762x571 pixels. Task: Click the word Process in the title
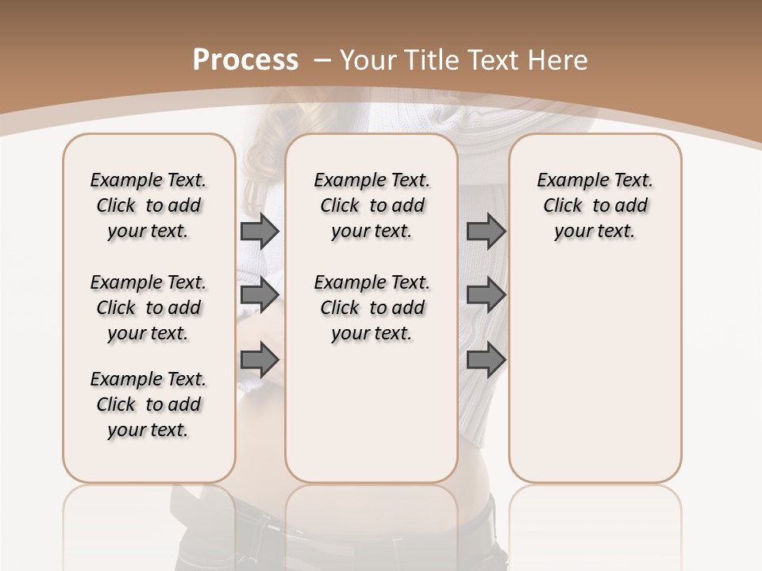(x=245, y=60)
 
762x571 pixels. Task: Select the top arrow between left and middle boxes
(x=260, y=231)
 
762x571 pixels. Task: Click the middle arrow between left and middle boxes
(x=260, y=295)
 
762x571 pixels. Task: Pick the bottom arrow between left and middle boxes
(x=260, y=360)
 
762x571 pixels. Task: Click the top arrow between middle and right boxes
(x=486, y=231)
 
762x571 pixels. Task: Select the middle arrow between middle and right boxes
(x=486, y=295)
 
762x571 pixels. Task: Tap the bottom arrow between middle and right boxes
(x=486, y=360)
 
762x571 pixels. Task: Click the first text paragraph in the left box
(x=148, y=205)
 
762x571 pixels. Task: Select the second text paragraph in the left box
(x=148, y=308)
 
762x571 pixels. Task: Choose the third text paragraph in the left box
(x=148, y=404)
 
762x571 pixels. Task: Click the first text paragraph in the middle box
(x=372, y=205)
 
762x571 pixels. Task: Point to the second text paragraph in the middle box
(x=372, y=308)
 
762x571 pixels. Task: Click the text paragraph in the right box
(x=595, y=205)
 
